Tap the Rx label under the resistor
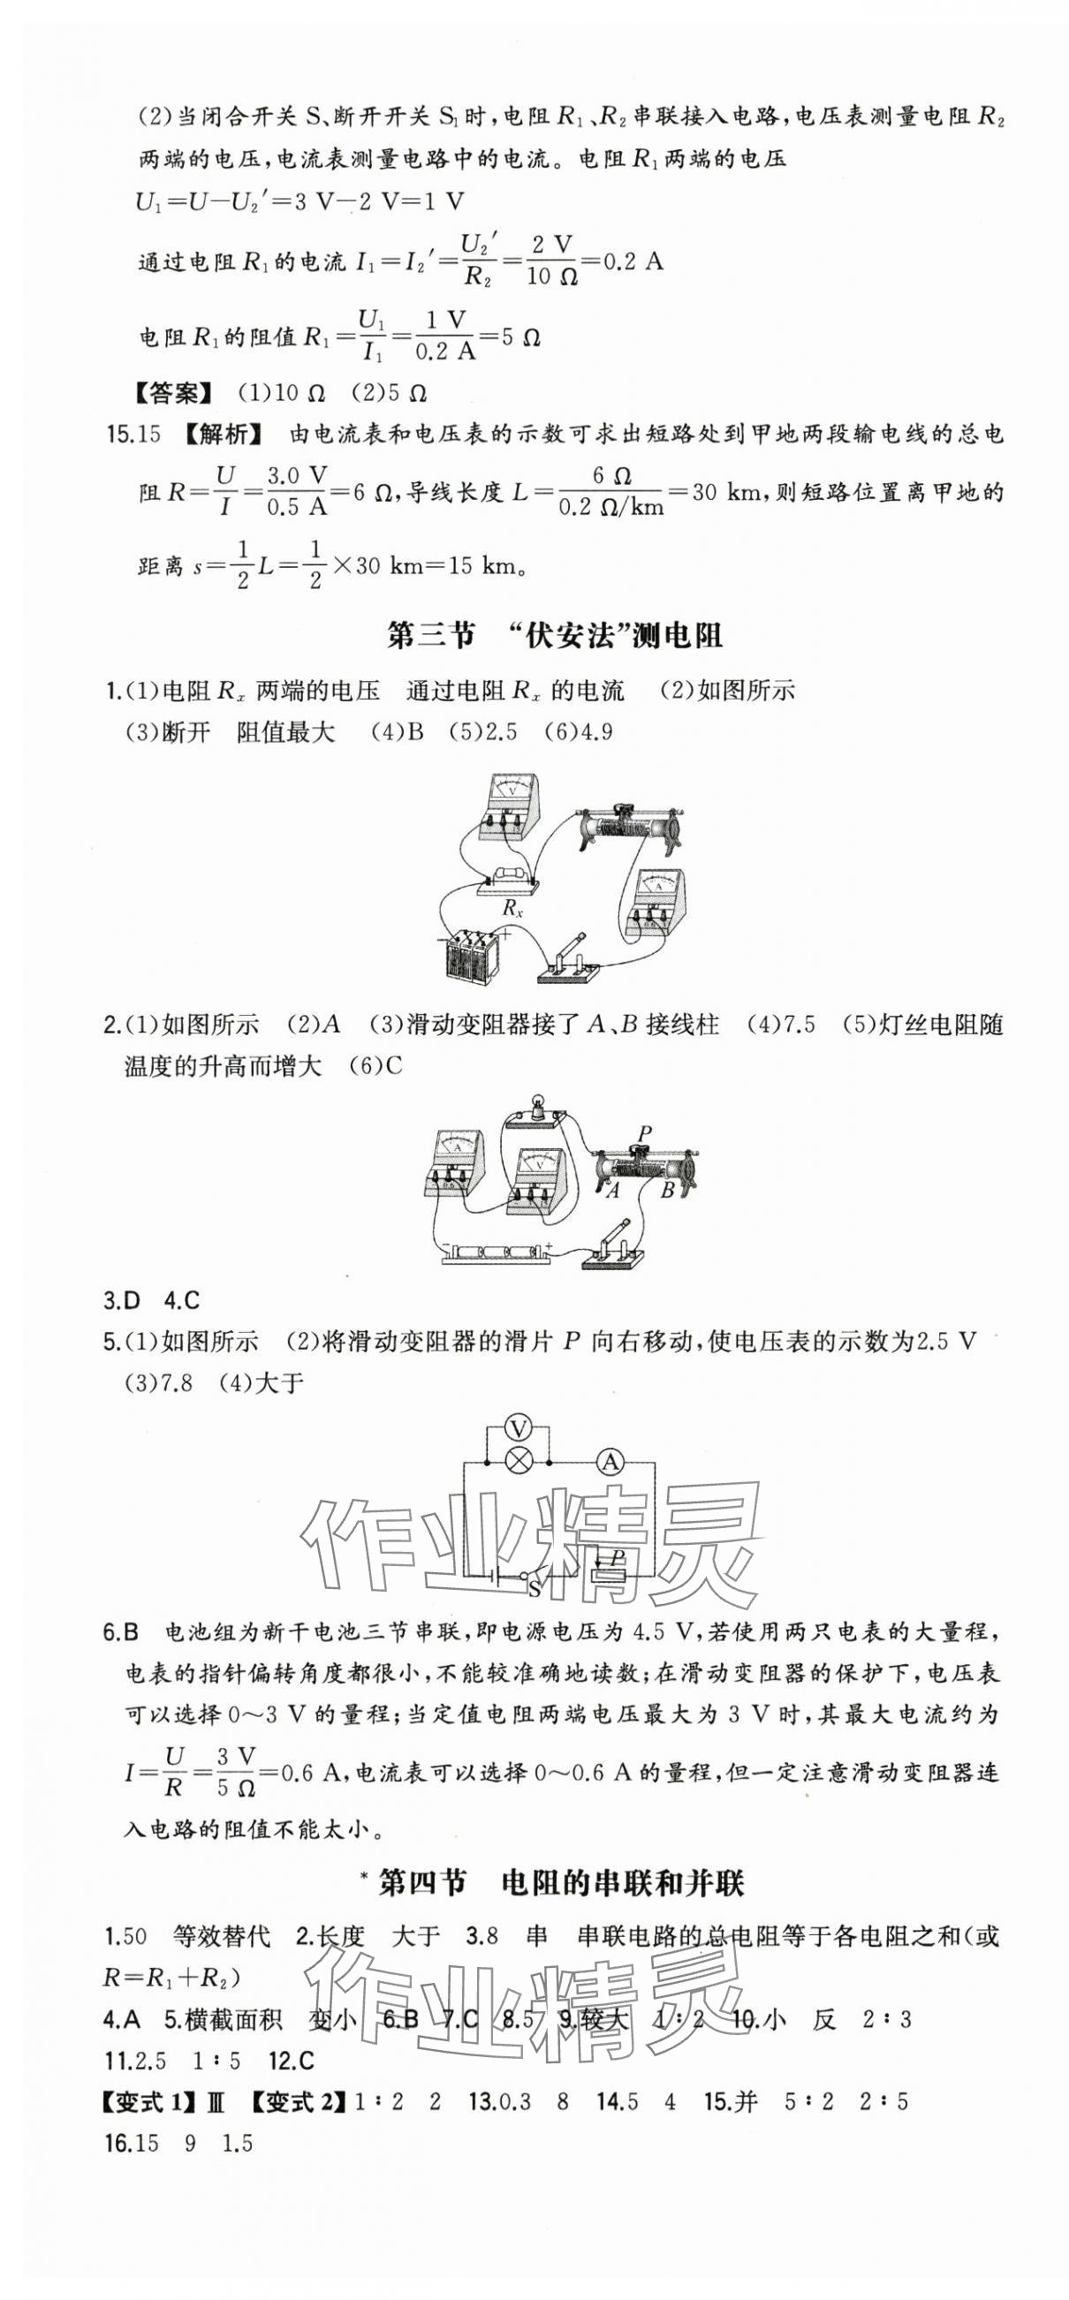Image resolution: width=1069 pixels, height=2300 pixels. [512, 910]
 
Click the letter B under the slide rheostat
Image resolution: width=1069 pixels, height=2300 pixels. [667, 1189]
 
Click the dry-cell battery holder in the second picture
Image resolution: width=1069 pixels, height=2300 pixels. [497, 1252]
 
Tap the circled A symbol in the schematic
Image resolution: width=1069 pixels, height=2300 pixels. [610, 1463]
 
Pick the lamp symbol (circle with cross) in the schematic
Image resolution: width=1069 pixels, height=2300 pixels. [518, 1463]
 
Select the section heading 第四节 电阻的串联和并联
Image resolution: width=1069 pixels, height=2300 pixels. [560, 1883]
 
